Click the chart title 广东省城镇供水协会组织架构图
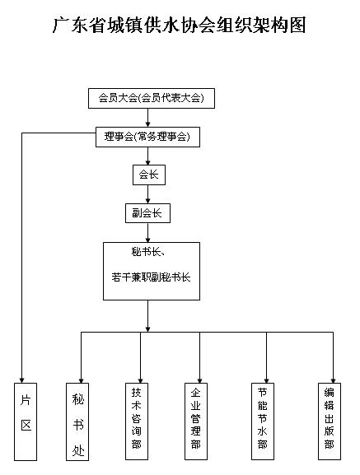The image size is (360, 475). point(179,26)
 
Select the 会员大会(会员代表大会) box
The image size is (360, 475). point(152,98)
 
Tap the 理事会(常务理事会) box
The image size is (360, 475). point(148,137)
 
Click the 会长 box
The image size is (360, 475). point(149,175)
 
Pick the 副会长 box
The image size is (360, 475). point(148,213)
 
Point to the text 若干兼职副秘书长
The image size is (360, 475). point(151,277)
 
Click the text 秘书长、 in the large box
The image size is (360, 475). point(148,251)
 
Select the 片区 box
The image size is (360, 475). point(26,421)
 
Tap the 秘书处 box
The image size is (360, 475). point(77,421)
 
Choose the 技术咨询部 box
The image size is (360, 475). point(137,421)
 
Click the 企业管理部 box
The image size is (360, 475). point(196,421)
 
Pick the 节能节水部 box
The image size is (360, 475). point(263,421)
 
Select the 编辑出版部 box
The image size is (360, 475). point(330,421)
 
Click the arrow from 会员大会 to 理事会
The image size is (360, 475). point(148,118)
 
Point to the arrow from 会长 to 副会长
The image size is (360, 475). point(148,194)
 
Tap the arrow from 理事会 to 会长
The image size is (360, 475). point(148,156)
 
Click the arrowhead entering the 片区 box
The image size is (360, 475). point(21,380)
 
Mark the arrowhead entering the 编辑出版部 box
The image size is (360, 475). point(333,380)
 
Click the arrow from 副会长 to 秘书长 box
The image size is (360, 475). point(148,233)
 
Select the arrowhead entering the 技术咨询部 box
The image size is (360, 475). point(141,380)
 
